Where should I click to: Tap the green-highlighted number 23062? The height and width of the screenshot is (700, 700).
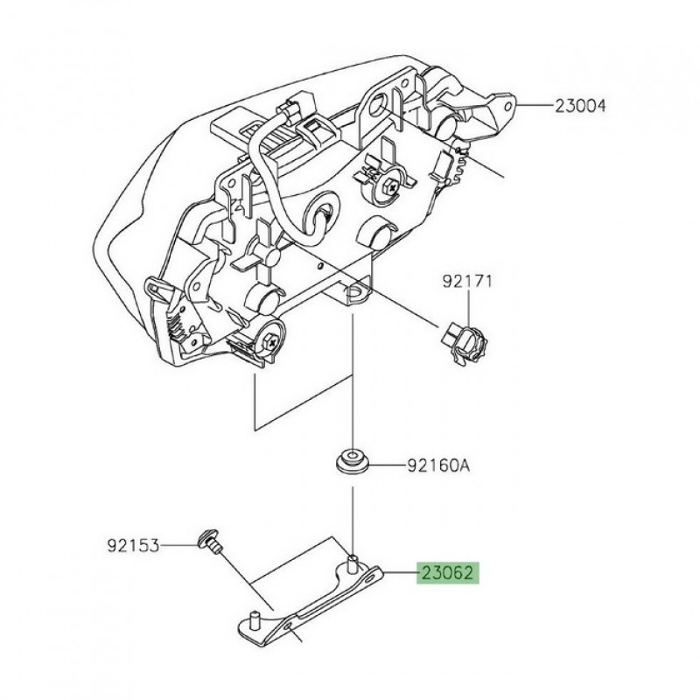447,574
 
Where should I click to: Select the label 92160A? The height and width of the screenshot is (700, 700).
437,465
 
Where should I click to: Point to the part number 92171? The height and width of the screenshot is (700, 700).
467,282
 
